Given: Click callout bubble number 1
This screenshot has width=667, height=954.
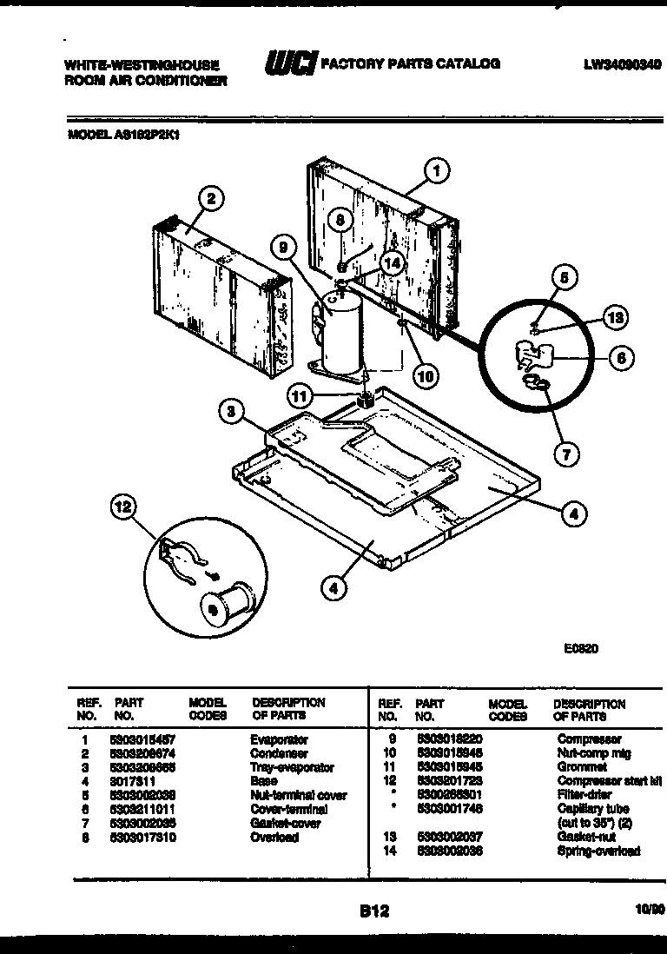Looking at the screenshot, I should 437,171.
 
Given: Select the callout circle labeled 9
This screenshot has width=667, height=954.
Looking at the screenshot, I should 281,248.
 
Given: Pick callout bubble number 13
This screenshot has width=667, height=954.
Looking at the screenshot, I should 614,318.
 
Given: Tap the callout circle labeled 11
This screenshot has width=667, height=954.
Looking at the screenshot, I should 300,396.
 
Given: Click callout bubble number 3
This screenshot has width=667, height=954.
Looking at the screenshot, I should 229,413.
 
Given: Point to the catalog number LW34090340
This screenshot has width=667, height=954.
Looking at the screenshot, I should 623,63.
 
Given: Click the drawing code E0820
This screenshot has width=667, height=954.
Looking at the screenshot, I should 579,647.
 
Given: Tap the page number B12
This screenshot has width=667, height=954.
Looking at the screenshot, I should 373,911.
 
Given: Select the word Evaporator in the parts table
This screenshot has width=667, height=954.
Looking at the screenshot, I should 280,739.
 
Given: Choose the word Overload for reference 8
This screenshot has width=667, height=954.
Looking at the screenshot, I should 274,837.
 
